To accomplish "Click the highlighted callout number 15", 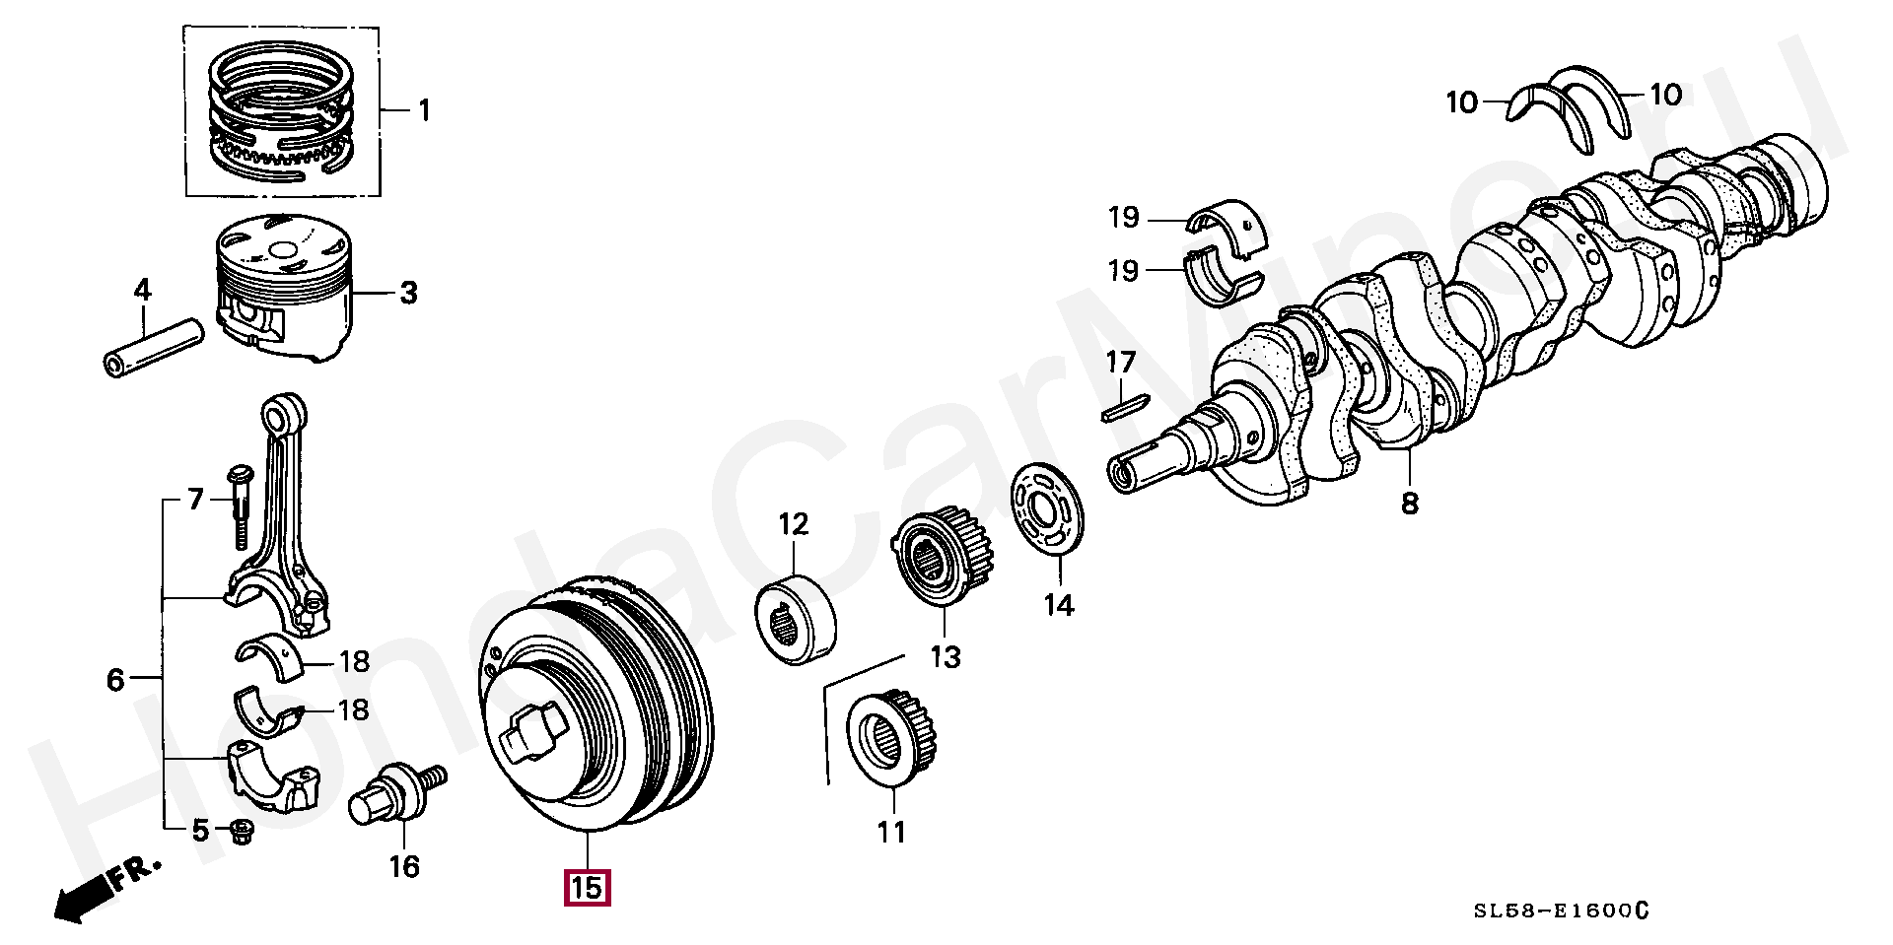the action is [586, 888].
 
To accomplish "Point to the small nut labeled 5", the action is [239, 834].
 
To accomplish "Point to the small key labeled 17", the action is [1124, 405].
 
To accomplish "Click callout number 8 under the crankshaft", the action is [1410, 504].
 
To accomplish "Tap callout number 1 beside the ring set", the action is [424, 109].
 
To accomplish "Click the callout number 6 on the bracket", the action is [115, 679].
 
